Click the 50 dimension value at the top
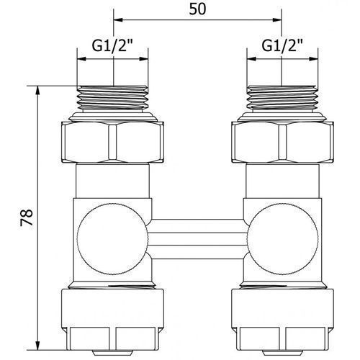point(197,9)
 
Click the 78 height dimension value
point(27,217)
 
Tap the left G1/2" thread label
point(112,45)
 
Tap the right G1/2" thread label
point(282,45)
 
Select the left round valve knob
point(112,239)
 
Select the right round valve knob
point(283,239)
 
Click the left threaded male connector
point(112,99)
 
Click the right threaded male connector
point(283,99)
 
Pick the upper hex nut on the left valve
point(112,142)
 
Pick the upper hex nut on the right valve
point(283,142)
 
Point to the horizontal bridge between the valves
point(198,239)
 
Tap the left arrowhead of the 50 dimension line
point(118,20)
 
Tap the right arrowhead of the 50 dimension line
point(276,20)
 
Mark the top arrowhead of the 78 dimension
point(37,91)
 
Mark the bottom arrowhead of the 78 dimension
point(37,345)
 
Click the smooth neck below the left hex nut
point(112,181)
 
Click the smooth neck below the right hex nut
point(283,181)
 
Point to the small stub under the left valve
point(112,353)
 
